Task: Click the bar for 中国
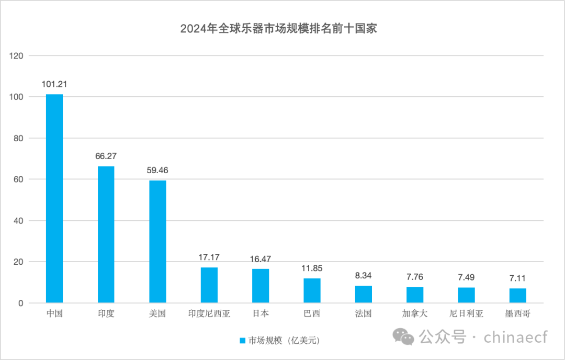tap(54, 198)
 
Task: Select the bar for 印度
tap(106, 234)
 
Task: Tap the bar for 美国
tap(157, 241)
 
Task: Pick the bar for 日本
tap(261, 286)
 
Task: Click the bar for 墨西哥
tap(518, 296)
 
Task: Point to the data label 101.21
tap(54, 84)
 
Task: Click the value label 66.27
tap(106, 156)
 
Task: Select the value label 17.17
tap(209, 257)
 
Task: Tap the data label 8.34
tap(364, 275)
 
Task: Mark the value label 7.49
tap(466, 277)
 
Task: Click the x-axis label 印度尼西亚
tap(209, 314)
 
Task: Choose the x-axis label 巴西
tap(312, 314)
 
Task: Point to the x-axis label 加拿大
tap(415, 314)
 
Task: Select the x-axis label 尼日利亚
tap(466, 314)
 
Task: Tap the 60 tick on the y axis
tap(19, 179)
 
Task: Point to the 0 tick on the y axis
tap(21, 303)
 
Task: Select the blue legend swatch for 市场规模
tap(242, 341)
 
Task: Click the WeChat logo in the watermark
tap(404, 336)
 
